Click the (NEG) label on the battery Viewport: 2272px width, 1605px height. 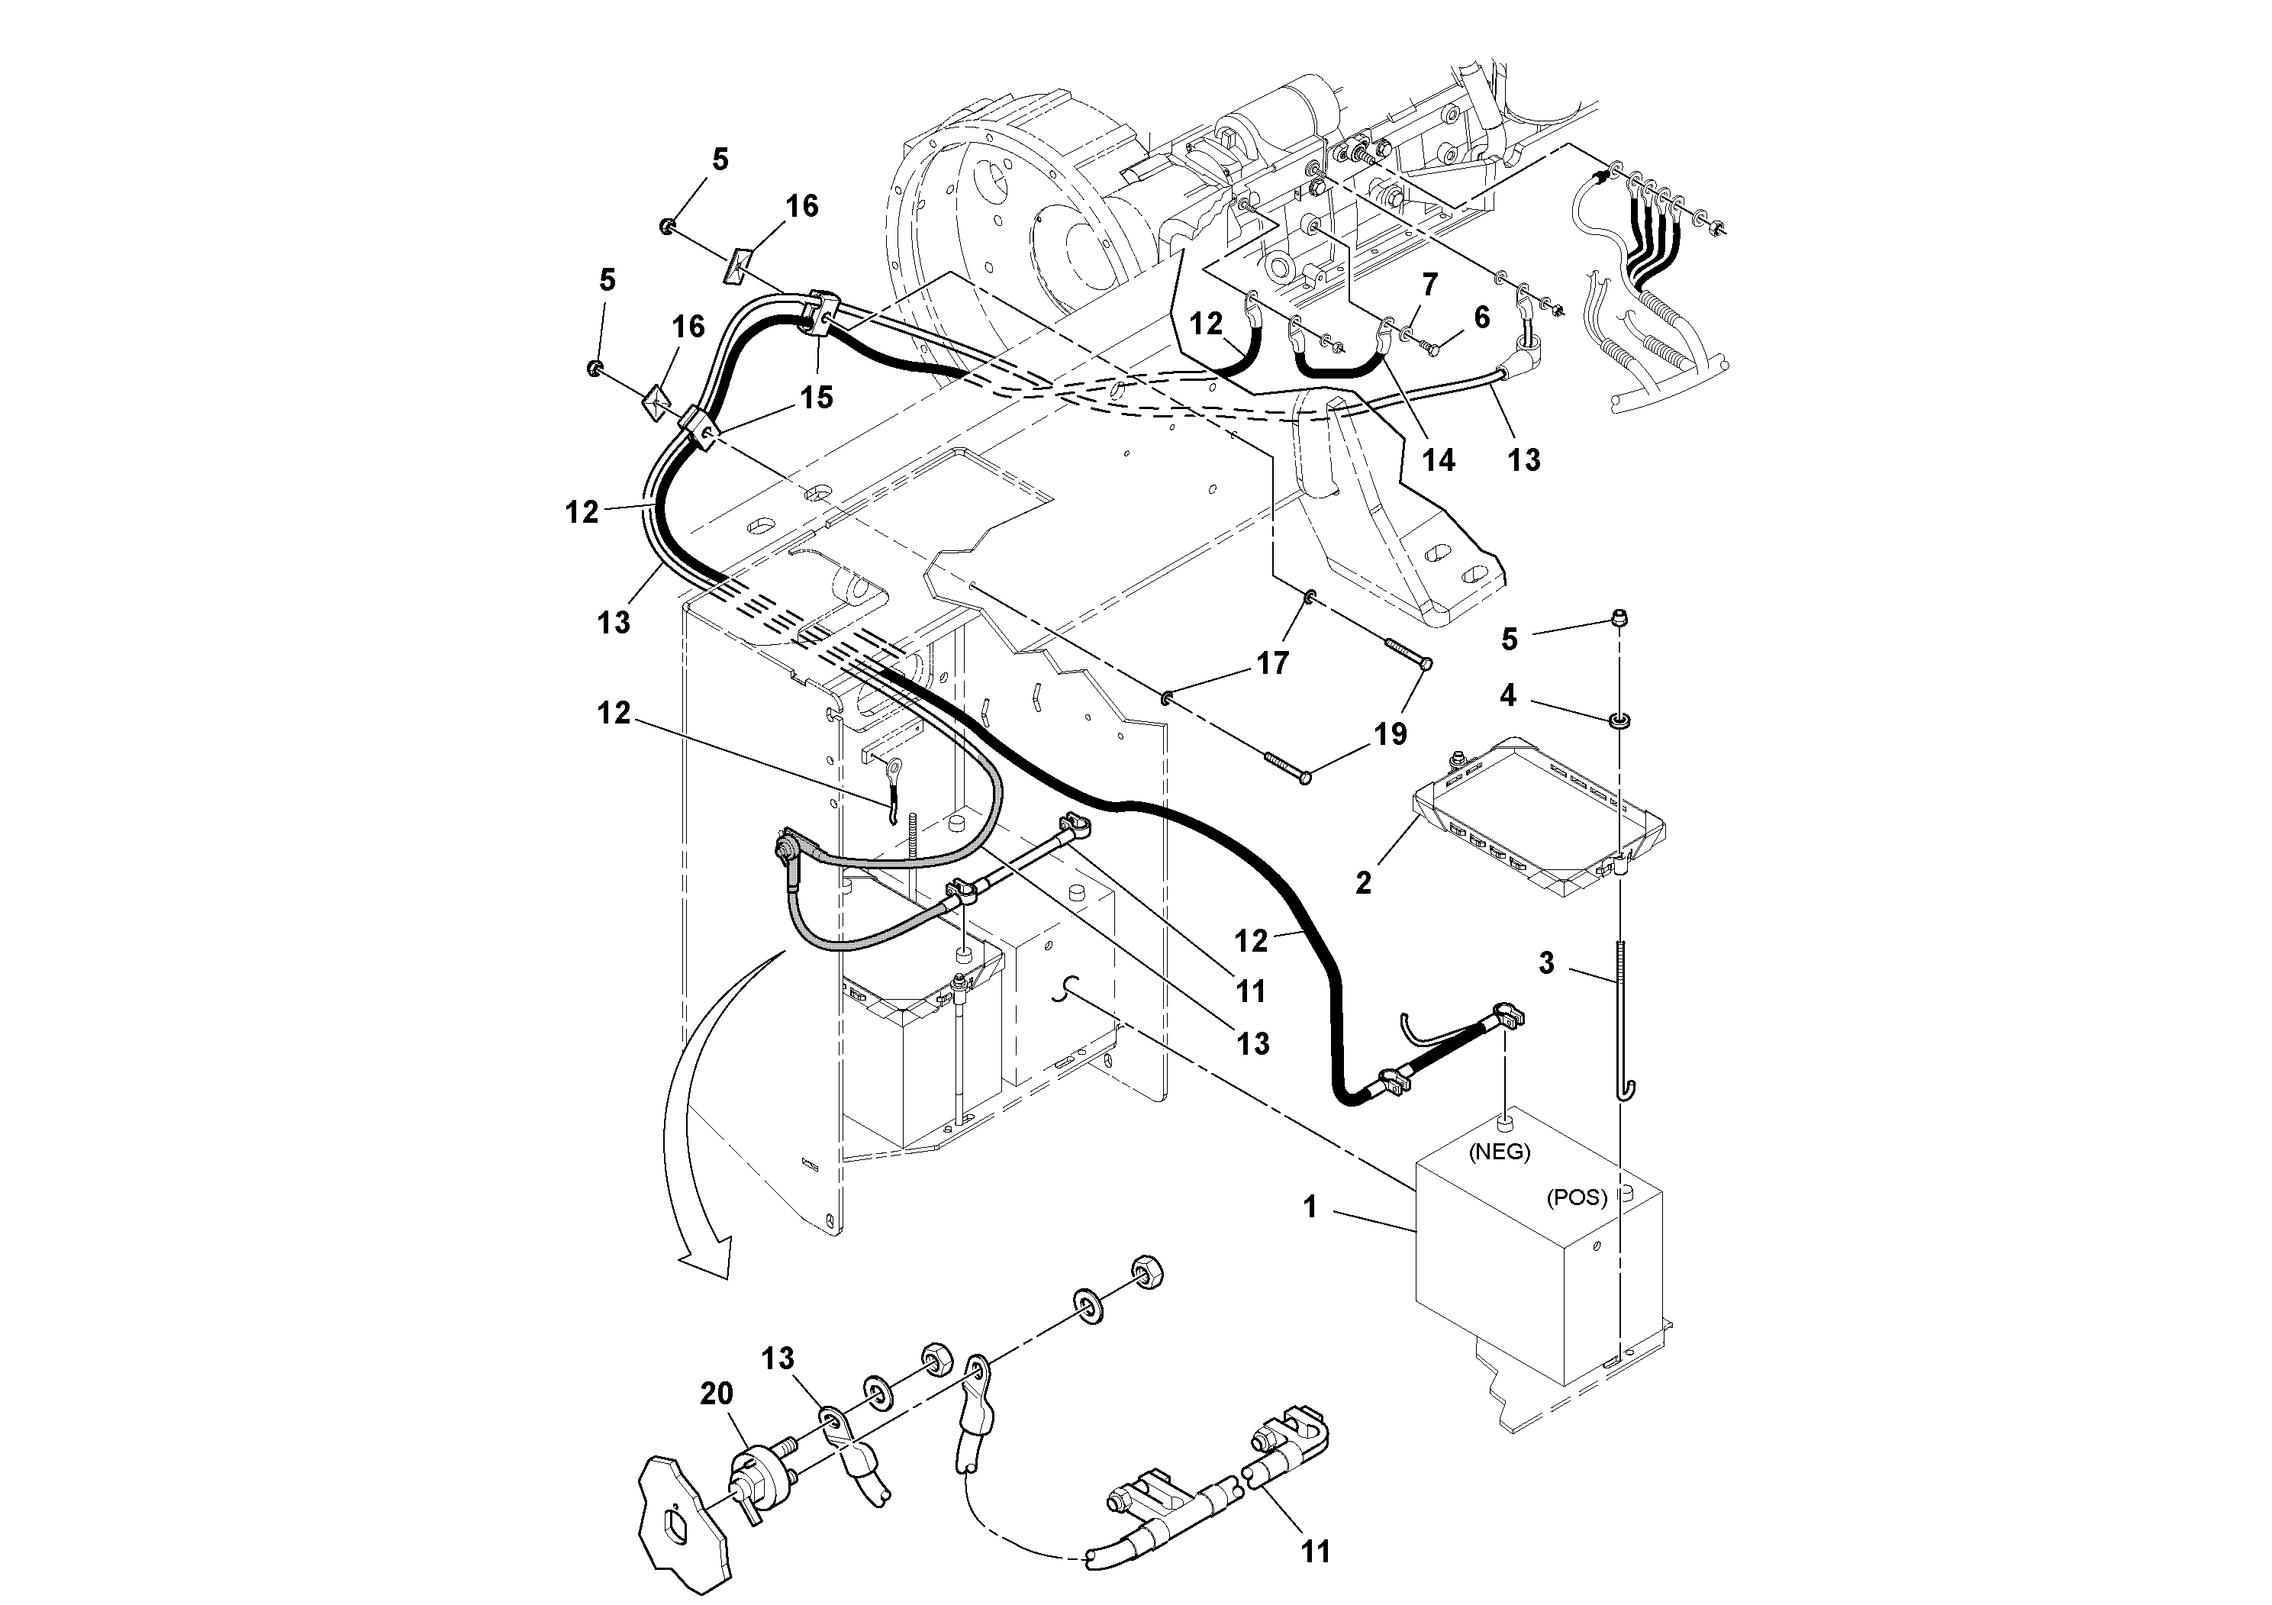(x=1499, y=1152)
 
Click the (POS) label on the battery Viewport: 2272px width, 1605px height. (x=1576, y=1197)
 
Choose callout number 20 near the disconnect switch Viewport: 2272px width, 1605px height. (x=717, y=1394)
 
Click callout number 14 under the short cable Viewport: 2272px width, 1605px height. (x=1438, y=459)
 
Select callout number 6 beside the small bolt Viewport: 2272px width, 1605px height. (x=1481, y=317)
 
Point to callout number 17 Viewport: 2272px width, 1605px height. (x=1272, y=663)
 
